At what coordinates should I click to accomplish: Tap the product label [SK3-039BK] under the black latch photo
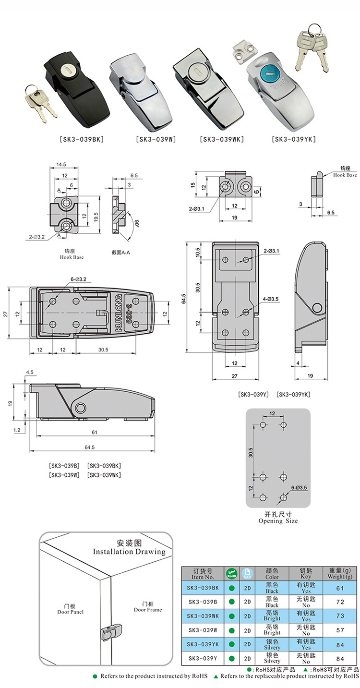(82, 139)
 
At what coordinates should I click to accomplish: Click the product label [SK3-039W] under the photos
(156, 139)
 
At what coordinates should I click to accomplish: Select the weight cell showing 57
(340, 630)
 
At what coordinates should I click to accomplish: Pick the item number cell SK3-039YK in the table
(203, 644)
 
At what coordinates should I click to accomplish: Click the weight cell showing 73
(340, 616)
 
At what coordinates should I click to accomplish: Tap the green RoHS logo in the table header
(232, 573)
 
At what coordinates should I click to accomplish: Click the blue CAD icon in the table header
(247, 573)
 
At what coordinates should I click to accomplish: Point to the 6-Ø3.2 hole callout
(78, 279)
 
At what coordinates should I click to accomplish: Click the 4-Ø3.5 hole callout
(271, 299)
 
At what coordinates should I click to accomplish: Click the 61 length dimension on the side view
(94, 432)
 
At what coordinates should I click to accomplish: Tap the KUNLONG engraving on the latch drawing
(120, 313)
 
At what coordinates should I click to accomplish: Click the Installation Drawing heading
(129, 552)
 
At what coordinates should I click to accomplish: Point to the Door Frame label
(148, 610)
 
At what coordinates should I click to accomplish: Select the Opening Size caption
(278, 520)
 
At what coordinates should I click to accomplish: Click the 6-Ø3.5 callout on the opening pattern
(299, 487)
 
